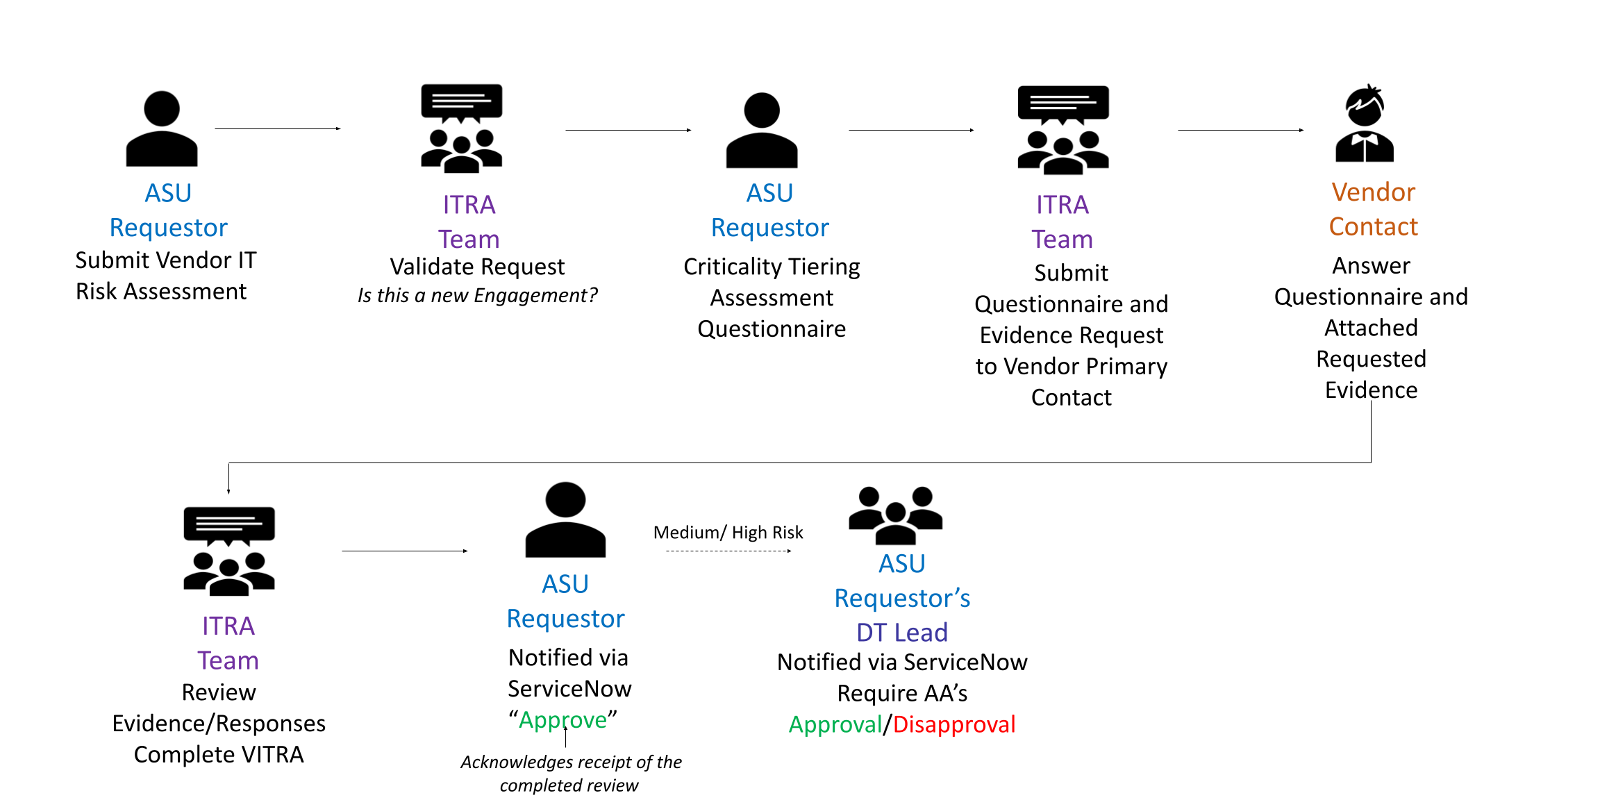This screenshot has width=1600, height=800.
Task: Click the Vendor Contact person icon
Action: click(1364, 124)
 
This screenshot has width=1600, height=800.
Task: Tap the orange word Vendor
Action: click(1373, 192)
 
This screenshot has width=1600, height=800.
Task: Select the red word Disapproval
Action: click(953, 724)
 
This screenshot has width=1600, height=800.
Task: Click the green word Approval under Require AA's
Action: click(835, 724)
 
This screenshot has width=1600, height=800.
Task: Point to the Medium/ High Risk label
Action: click(728, 533)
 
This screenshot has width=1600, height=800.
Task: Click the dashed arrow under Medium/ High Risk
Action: click(728, 551)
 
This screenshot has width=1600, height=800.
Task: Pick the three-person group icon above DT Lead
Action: click(895, 515)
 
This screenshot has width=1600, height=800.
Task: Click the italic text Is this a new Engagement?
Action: click(477, 296)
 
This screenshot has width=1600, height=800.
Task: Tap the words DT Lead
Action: click(901, 633)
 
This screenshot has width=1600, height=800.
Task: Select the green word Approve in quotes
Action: click(562, 720)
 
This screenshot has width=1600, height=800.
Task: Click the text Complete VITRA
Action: click(218, 755)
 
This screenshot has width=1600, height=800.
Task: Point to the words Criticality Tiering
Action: click(771, 267)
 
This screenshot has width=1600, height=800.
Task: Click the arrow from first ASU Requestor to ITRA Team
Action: click(277, 128)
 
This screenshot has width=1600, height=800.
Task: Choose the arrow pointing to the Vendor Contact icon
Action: click(1240, 130)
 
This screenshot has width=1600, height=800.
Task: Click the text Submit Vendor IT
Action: click(165, 260)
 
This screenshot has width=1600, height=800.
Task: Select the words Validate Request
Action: click(477, 267)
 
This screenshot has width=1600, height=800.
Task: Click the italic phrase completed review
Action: click(568, 785)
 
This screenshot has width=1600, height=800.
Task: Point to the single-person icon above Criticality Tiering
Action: click(761, 130)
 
